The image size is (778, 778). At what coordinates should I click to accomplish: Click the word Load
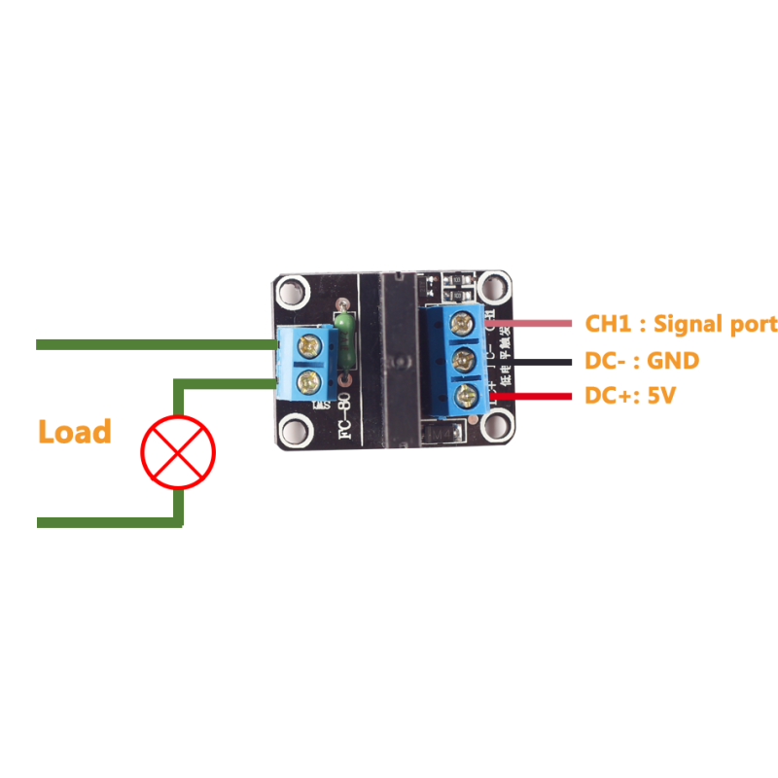75,431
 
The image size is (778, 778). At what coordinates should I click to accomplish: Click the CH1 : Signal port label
681,324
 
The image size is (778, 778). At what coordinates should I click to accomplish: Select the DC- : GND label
641,361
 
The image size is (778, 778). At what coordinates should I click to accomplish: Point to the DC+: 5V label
633,396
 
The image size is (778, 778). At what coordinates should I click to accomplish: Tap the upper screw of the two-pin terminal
310,342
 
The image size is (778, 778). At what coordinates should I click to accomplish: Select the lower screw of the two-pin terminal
310,380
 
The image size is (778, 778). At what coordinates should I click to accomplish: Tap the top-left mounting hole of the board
294,291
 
